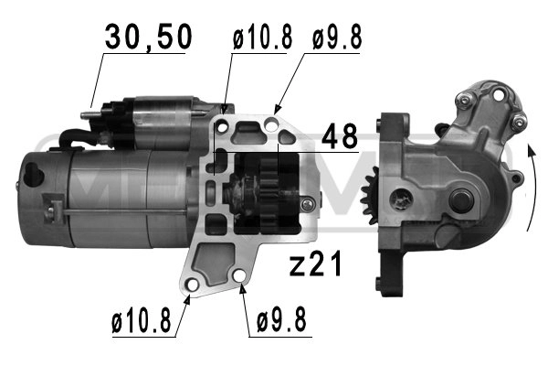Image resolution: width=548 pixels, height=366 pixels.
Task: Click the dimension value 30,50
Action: click(147, 37)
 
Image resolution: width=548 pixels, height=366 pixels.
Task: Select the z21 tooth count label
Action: click(316, 265)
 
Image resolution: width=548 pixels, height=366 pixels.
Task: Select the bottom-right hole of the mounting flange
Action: click(239, 277)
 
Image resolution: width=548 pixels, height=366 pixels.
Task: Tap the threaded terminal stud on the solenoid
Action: click(89, 114)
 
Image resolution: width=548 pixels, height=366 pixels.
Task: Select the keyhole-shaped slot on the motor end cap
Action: click(37, 171)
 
